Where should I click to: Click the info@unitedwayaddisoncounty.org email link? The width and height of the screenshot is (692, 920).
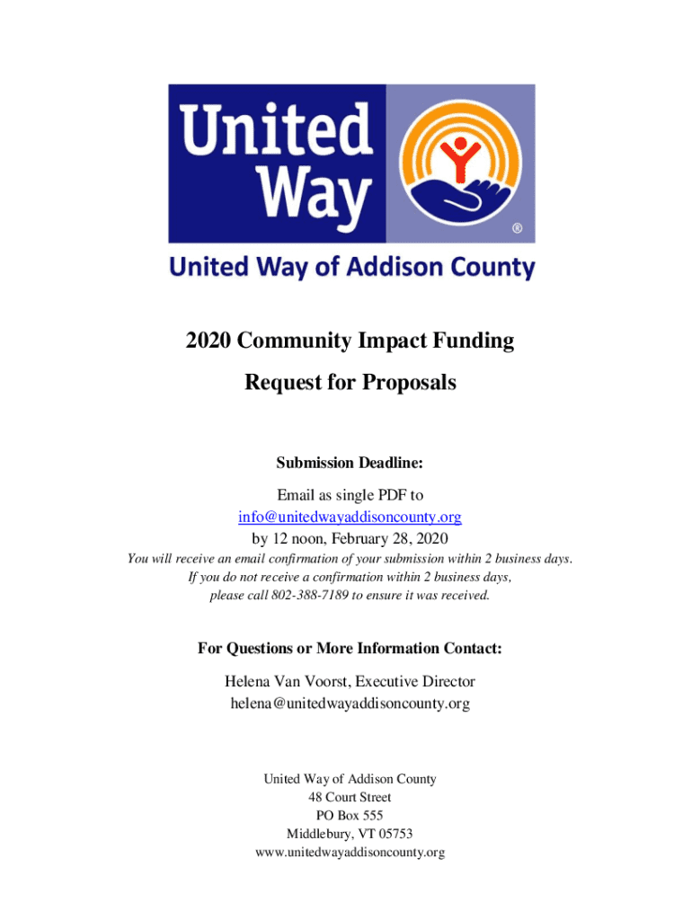point(350,517)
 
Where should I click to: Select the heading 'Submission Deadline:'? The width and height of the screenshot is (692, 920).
point(350,463)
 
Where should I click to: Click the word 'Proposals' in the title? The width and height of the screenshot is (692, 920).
point(409,383)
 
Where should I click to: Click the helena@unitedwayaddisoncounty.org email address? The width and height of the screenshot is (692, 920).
point(350,704)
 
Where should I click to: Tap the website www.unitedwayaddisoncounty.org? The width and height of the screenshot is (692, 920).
point(350,853)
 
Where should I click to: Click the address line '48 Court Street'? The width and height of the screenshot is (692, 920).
point(350,797)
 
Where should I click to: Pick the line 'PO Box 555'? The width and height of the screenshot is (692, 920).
point(350,815)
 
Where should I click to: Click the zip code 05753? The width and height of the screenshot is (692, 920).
point(395,834)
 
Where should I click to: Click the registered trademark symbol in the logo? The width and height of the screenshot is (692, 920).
point(517,229)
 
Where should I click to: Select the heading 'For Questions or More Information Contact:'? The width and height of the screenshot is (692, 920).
point(350,648)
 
